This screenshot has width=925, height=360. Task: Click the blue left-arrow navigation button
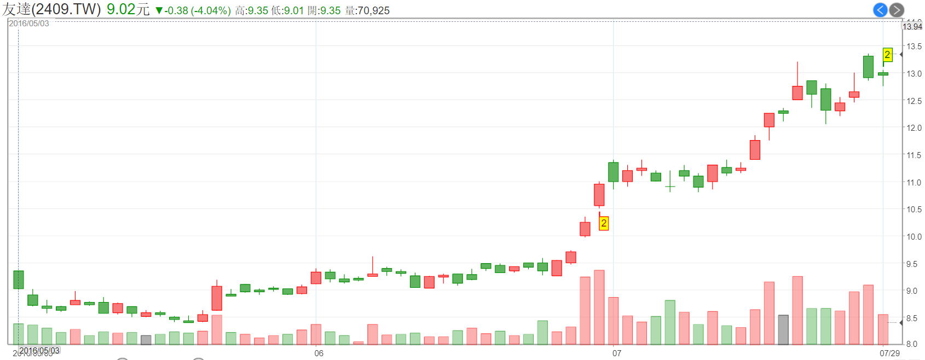click(880, 10)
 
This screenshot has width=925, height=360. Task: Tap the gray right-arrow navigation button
click(897, 10)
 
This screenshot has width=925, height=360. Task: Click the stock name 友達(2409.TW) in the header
click(51, 10)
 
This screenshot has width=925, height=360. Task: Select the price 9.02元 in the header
click(128, 10)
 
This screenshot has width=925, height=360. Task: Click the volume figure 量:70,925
click(367, 11)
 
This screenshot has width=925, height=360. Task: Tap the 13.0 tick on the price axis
click(914, 73)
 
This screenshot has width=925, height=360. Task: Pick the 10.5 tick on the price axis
click(914, 210)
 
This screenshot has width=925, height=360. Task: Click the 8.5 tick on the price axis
click(912, 318)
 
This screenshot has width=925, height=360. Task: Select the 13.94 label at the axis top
click(912, 27)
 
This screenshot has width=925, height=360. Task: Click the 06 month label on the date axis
click(319, 353)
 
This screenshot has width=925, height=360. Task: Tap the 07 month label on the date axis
click(617, 353)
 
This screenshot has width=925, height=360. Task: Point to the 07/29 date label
click(889, 353)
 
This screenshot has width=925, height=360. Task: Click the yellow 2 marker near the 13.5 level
click(887, 55)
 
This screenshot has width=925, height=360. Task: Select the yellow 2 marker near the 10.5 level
click(604, 223)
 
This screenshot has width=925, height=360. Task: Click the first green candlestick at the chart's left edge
click(19, 280)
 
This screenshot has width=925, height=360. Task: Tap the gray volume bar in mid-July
click(783, 330)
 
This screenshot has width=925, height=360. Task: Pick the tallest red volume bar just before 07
click(599, 307)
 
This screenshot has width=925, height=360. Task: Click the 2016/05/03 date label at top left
click(29, 24)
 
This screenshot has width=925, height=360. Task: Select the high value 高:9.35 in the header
click(252, 11)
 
